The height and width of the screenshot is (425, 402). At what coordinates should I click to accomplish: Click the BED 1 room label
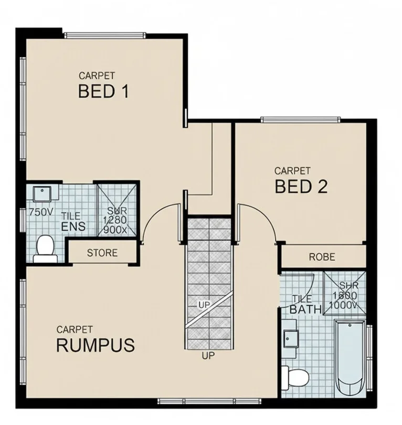pyautogui.click(x=103, y=91)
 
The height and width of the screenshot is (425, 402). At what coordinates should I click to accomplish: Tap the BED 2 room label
pyautogui.click(x=301, y=186)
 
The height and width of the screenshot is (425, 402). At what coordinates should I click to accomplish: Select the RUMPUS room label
pyautogui.click(x=95, y=345)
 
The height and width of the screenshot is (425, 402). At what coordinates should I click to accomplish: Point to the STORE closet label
pyautogui.click(x=102, y=253)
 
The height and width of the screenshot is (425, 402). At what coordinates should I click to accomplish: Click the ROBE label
pyautogui.click(x=322, y=257)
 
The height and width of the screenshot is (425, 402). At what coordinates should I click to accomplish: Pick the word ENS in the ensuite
pyautogui.click(x=73, y=227)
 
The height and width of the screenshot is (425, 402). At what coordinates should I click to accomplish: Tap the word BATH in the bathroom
pyautogui.click(x=305, y=309)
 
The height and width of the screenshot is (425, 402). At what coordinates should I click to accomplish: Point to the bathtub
pyautogui.click(x=350, y=357)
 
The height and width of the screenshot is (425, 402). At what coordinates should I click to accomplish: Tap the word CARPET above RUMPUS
pyautogui.click(x=75, y=329)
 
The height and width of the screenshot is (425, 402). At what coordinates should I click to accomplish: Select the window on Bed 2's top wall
pyautogui.click(x=300, y=120)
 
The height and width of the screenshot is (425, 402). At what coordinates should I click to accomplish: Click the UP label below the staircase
pyautogui.click(x=208, y=356)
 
